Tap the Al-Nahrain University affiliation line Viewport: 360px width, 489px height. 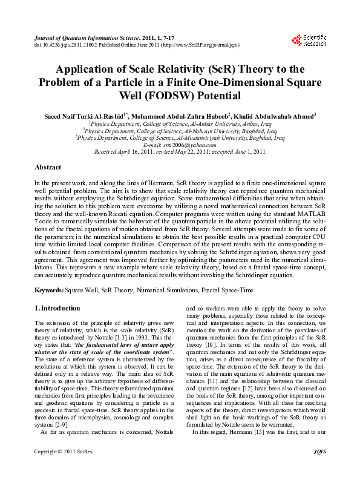[180, 130]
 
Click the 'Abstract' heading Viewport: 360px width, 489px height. [48, 166]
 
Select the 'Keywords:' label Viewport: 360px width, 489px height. [50, 291]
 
